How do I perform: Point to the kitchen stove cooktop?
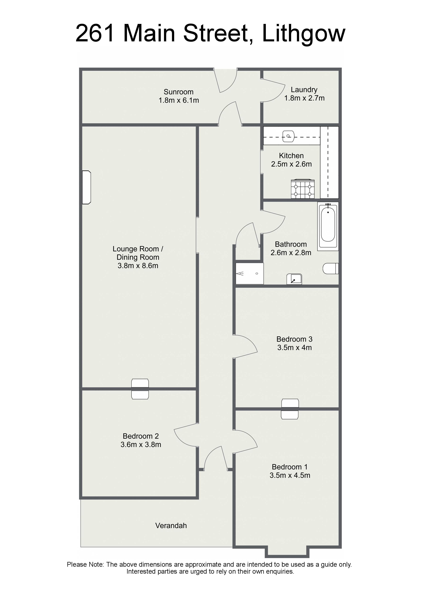coord(303,189)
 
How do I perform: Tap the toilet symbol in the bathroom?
coord(331,268)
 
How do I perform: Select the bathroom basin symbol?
coord(294,279)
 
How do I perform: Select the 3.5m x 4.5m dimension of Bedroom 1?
coord(290,475)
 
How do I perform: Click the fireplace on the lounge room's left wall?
coord(87,187)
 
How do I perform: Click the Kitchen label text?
coord(291,156)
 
